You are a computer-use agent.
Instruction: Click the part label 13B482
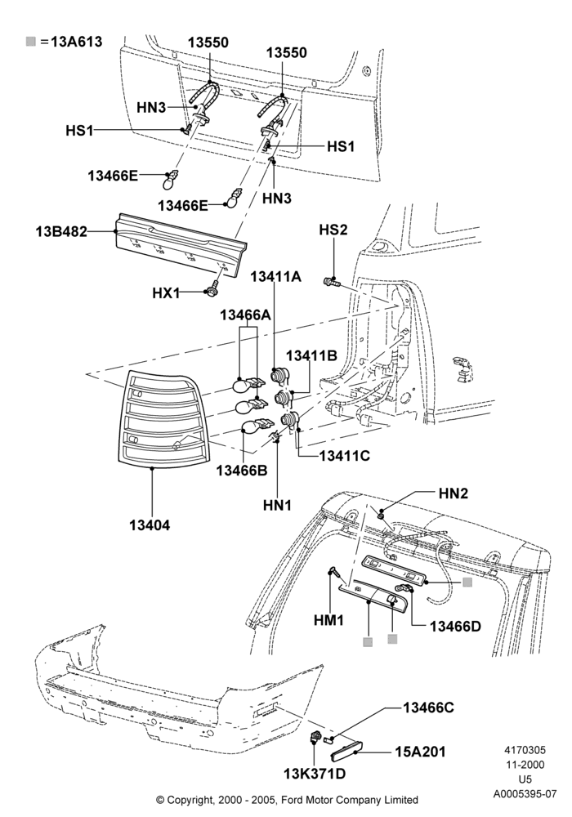[61, 231]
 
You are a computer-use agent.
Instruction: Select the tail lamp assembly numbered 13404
[162, 417]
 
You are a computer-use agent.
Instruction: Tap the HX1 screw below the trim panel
[212, 290]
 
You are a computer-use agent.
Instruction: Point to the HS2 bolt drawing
[331, 282]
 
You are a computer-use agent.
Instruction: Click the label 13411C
[344, 455]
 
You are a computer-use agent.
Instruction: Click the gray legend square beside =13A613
[31, 42]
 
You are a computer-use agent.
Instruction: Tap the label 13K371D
[315, 774]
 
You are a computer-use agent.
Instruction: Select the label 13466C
[428, 707]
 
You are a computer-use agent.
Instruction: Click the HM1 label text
[328, 620]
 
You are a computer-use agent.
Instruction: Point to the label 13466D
[455, 626]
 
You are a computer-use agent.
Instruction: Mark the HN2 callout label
[454, 493]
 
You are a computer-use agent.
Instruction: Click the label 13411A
[275, 276]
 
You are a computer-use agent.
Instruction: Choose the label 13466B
[242, 470]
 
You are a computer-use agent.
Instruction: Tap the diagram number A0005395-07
[525, 794]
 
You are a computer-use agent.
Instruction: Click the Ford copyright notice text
[287, 799]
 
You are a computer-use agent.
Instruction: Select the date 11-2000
[525, 765]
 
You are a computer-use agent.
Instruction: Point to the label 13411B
[311, 355]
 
